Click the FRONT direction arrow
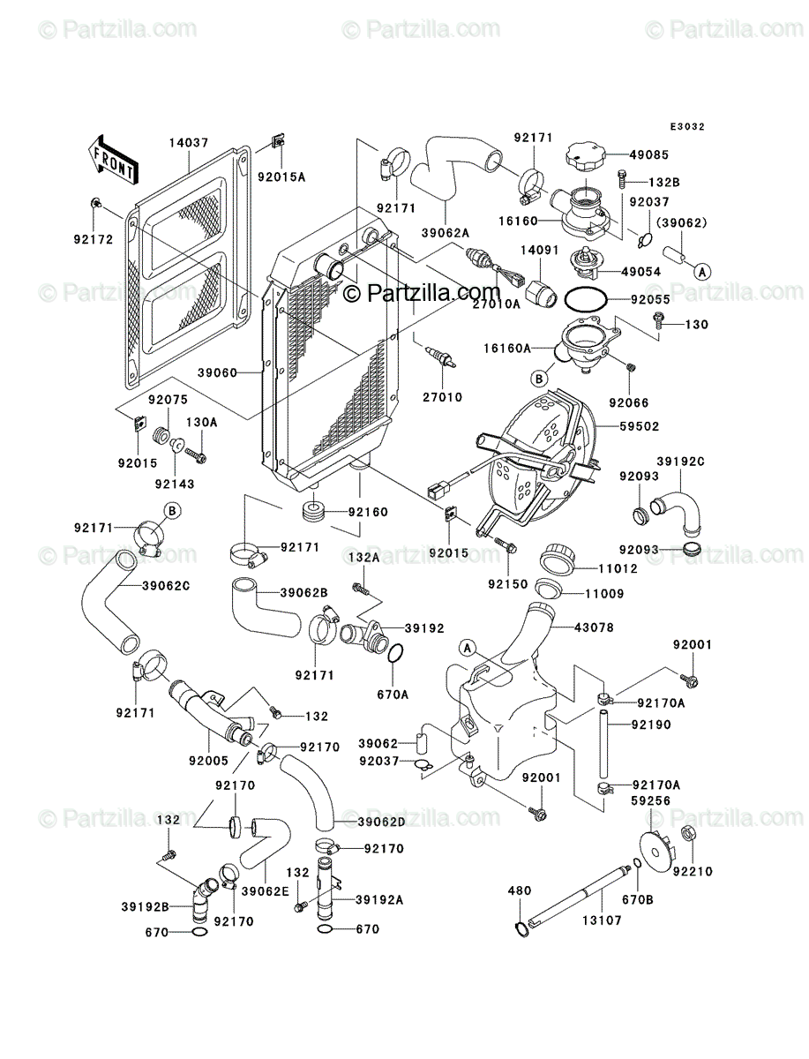[x=112, y=159]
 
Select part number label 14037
[x=189, y=143]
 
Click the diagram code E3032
[x=687, y=127]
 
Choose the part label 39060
[x=217, y=373]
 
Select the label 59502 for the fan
[x=640, y=426]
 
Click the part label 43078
[x=594, y=627]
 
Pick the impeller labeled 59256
[x=656, y=852]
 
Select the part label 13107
[x=603, y=920]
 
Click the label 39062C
[x=166, y=586]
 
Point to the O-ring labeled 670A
[x=395, y=654]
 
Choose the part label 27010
[x=442, y=397]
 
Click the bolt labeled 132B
[x=622, y=180]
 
